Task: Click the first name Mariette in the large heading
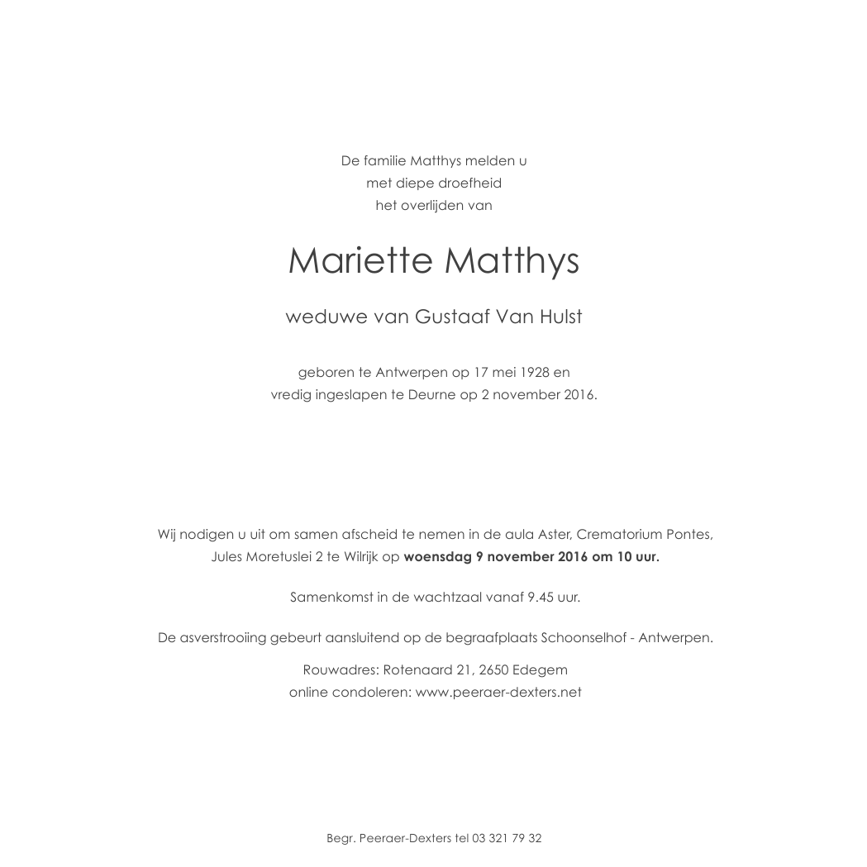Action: point(360,261)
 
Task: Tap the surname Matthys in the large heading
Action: point(512,261)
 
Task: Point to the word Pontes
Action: point(690,534)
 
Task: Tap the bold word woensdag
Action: point(437,556)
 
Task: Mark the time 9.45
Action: point(539,596)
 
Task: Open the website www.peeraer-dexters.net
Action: point(498,692)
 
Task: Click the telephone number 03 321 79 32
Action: point(507,838)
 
